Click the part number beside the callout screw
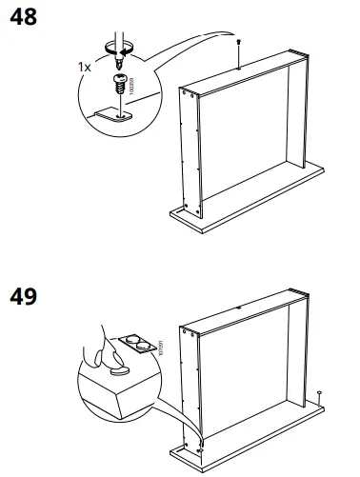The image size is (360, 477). [133, 85]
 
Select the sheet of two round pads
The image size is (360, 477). [131, 344]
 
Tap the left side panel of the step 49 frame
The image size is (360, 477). [191, 381]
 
